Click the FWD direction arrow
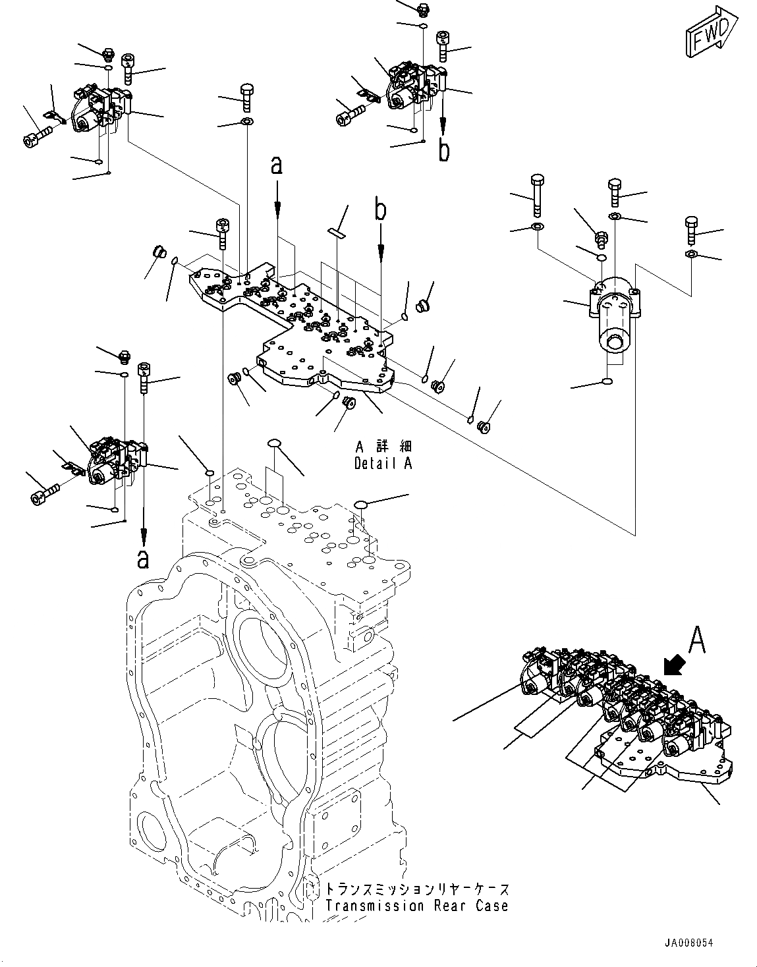click(x=712, y=33)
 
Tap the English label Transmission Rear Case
click(x=416, y=906)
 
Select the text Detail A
click(x=383, y=463)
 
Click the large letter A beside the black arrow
click(x=698, y=640)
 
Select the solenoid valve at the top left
click(x=102, y=109)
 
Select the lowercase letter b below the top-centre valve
click(x=445, y=151)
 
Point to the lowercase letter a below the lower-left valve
click(x=142, y=559)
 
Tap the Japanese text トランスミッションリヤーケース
click(x=416, y=889)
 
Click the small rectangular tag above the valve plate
click(x=337, y=232)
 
